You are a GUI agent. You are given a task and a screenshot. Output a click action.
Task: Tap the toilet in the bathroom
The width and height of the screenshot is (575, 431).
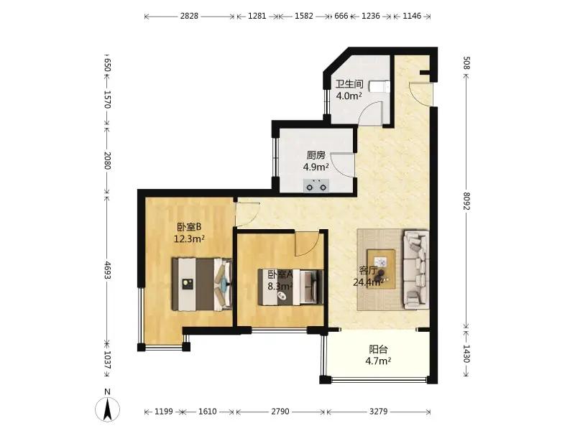379,86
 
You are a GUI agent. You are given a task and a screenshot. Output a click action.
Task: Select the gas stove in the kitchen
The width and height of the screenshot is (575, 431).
316,185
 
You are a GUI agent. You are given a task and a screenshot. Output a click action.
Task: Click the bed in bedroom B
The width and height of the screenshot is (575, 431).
202,284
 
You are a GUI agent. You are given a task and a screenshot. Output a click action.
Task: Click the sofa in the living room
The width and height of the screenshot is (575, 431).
416,270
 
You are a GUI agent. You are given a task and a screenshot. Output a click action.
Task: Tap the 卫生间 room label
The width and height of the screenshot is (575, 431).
349,84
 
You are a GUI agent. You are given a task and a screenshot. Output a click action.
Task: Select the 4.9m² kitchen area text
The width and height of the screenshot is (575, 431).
316,167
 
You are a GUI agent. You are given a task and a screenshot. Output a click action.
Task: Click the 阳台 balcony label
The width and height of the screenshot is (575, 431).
378,349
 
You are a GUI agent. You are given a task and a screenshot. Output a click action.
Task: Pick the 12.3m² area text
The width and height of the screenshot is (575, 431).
189,239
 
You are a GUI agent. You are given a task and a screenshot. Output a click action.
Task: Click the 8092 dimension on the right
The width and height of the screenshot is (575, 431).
466,201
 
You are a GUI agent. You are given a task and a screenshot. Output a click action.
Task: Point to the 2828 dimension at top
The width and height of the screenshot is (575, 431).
189,16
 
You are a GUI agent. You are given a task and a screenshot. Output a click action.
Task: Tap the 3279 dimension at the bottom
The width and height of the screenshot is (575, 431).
378,411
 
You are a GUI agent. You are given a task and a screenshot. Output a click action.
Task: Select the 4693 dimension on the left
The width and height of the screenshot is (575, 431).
107,270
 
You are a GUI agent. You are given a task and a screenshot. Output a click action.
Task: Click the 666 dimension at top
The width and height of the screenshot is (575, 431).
341,16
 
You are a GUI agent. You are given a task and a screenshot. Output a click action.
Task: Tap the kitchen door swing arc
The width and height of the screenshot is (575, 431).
339,164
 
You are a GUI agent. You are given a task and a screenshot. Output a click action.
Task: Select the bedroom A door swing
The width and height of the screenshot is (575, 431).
308,245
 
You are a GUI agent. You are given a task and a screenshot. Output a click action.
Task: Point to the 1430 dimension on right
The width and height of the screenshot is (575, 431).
466,353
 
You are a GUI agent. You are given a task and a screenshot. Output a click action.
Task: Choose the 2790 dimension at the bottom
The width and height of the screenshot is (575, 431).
280,411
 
